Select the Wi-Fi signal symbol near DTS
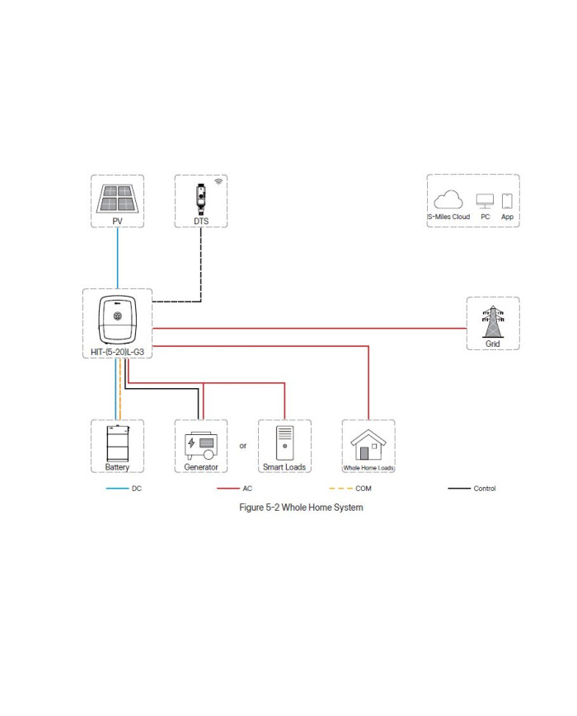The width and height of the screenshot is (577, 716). point(218,180)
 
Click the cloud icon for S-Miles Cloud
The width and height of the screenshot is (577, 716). point(448,200)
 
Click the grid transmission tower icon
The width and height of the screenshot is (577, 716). point(493,320)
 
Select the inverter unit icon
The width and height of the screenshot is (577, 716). point(117,318)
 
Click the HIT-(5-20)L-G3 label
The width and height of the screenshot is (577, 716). point(117,352)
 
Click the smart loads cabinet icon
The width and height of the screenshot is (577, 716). point(284,443)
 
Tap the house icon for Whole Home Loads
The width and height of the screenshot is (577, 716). point(368,446)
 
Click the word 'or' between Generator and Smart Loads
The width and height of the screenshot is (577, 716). point(242,446)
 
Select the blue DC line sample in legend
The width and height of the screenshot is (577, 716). point(117,489)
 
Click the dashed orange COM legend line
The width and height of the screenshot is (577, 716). point(340,489)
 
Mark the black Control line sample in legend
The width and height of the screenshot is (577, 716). point(458,489)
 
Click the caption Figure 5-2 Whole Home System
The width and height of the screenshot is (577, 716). point(301,508)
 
